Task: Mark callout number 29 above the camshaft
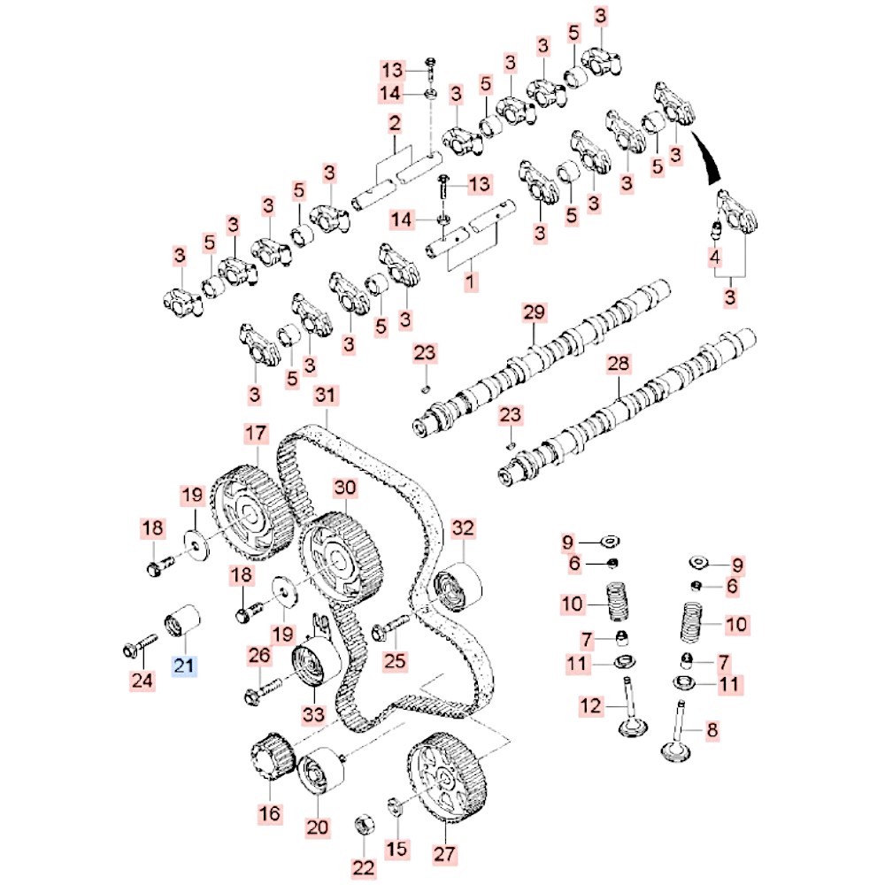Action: [x=535, y=313]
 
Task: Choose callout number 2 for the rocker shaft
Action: [x=395, y=123]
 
